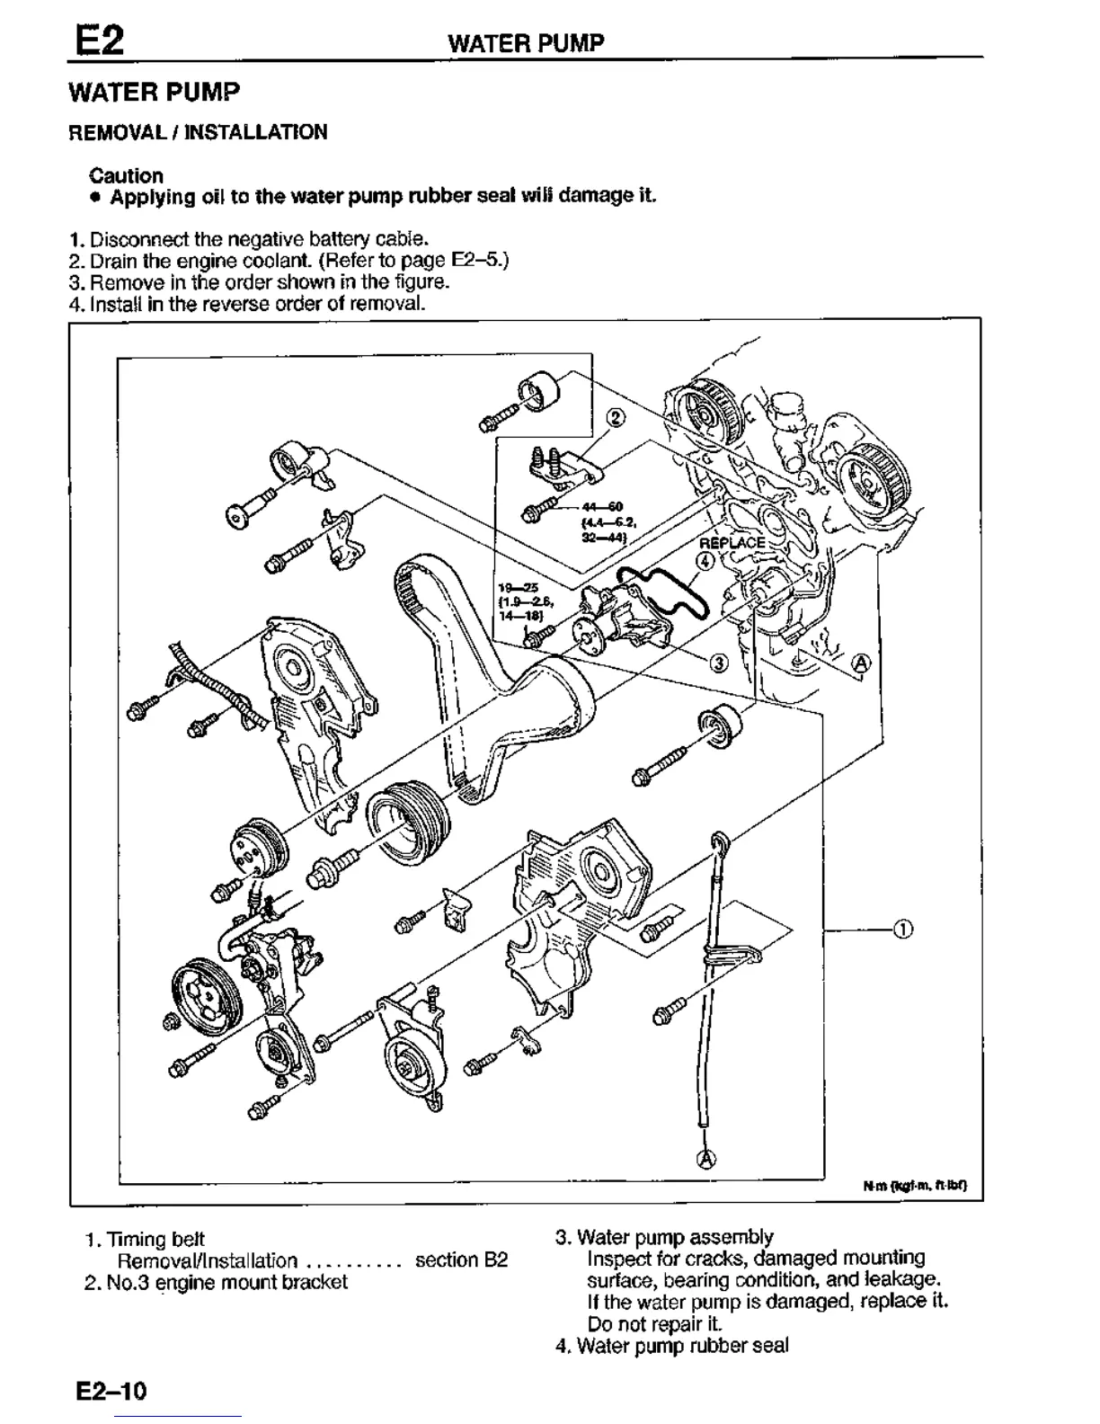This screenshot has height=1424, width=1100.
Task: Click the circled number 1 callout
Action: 902,929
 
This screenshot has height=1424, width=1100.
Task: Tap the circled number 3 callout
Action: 718,663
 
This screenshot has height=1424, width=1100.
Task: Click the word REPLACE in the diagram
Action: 732,543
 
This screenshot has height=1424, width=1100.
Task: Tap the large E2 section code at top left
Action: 99,40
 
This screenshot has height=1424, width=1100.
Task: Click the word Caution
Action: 126,175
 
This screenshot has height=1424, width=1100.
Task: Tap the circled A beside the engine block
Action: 860,663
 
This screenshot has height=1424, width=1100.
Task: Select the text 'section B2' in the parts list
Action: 461,1260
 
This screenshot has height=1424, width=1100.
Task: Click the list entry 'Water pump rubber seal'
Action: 682,1346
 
